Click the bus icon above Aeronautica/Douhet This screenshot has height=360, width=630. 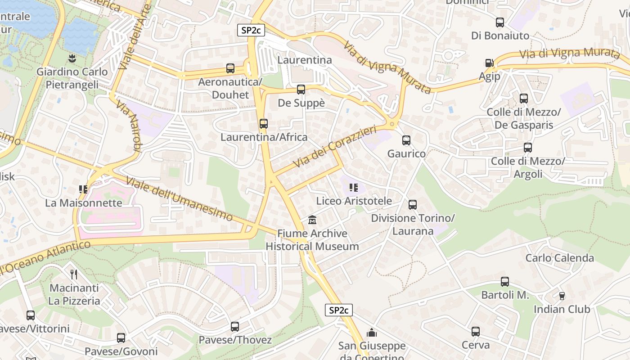(230, 68)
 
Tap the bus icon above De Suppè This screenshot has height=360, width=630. (301, 89)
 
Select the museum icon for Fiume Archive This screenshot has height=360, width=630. (312, 220)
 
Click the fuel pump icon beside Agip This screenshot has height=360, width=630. (489, 63)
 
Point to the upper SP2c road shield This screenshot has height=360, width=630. (251, 30)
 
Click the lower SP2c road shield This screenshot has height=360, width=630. (338, 310)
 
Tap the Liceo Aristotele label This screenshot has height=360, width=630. (354, 201)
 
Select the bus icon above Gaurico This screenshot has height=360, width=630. (406, 140)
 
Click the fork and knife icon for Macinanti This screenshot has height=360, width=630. (74, 274)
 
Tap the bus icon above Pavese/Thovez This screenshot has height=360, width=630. (235, 326)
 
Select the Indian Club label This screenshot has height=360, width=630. (562, 309)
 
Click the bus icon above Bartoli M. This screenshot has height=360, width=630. (505, 282)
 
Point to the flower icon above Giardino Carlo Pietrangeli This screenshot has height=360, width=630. (72, 58)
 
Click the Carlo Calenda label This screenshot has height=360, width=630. (560, 258)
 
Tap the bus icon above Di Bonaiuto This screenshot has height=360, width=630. (500, 22)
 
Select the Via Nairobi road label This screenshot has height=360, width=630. (129, 126)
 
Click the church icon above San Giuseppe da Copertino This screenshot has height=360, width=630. (372, 333)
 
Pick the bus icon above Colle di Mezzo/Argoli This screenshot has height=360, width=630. (528, 147)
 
